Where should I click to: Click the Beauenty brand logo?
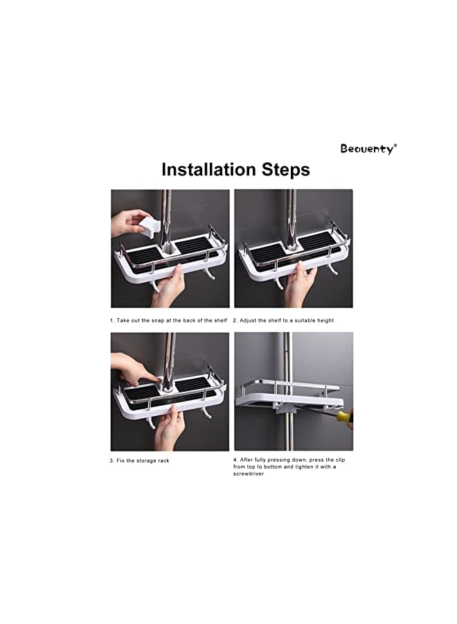coord(368,148)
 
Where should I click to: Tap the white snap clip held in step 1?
coord(150,225)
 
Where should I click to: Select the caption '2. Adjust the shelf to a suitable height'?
coord(283,320)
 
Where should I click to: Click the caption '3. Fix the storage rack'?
coord(139,460)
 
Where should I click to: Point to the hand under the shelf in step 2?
coord(298,284)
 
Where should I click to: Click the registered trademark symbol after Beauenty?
coord(395,145)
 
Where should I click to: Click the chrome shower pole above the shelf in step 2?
coord(291,211)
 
